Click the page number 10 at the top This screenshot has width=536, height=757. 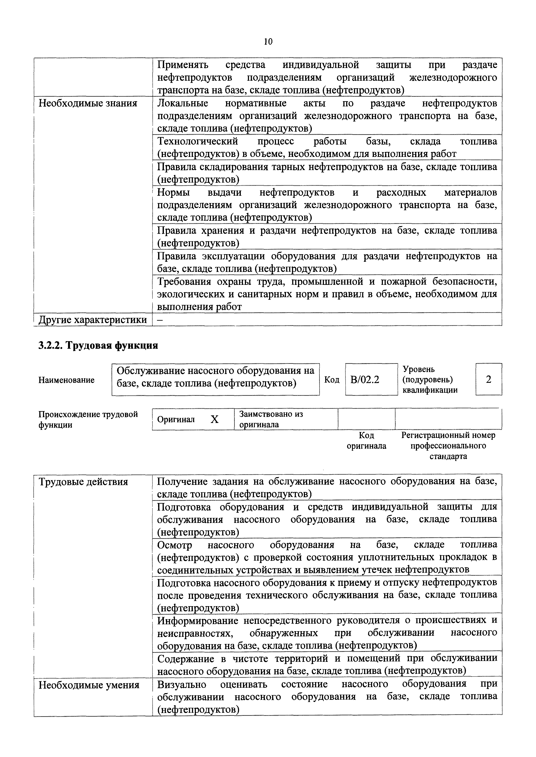268,42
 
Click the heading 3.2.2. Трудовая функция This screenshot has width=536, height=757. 98,345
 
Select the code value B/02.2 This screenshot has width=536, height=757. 365,380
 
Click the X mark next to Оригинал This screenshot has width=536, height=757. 214,419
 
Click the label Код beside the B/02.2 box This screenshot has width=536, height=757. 332,380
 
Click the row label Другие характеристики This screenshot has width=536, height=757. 93,320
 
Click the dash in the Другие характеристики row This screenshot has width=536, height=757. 160,320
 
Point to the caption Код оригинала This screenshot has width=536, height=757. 366,440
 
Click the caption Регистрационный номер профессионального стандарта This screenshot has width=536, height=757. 448,446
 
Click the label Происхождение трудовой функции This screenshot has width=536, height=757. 88,419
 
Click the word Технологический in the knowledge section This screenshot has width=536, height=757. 197,141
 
